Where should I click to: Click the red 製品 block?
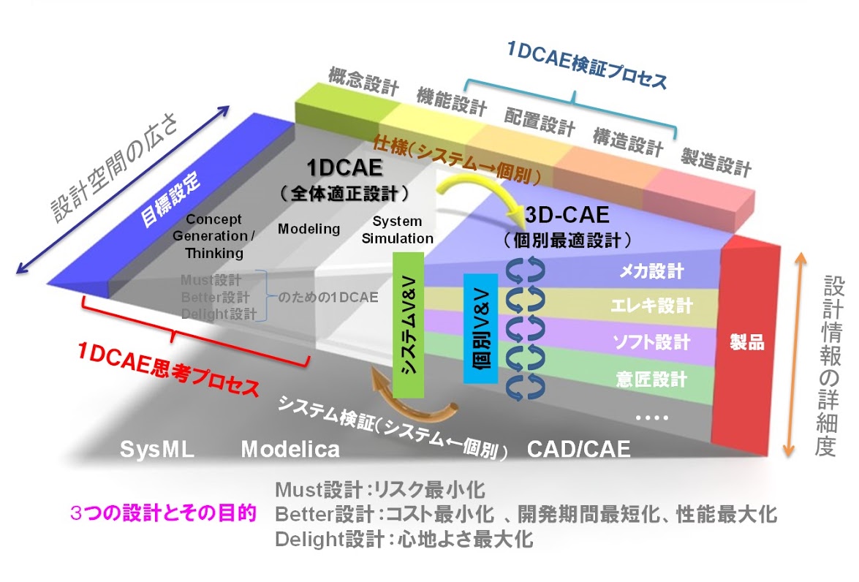click(x=747, y=344)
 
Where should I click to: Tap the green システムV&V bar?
click(x=408, y=325)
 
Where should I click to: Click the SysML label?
click(x=157, y=449)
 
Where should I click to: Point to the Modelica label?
click(x=290, y=449)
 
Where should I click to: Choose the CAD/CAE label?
click(x=579, y=449)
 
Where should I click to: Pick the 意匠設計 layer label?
click(x=651, y=379)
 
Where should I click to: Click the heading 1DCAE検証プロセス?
click(x=587, y=65)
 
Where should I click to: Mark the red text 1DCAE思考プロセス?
click(x=169, y=369)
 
